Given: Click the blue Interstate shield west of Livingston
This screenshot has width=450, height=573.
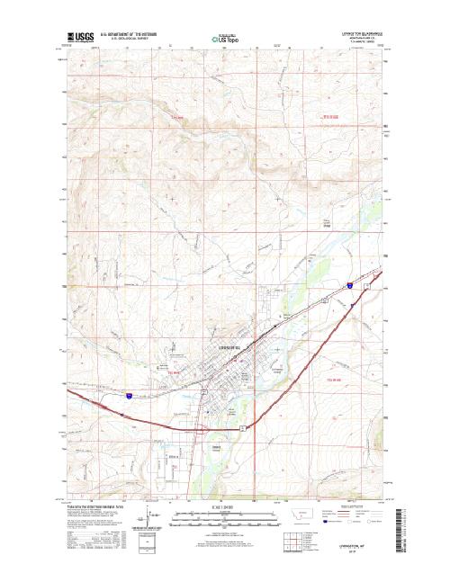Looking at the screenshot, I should pyautogui.click(x=130, y=395).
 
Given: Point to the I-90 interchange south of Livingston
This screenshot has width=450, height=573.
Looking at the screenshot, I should pyautogui.click(x=243, y=429).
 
